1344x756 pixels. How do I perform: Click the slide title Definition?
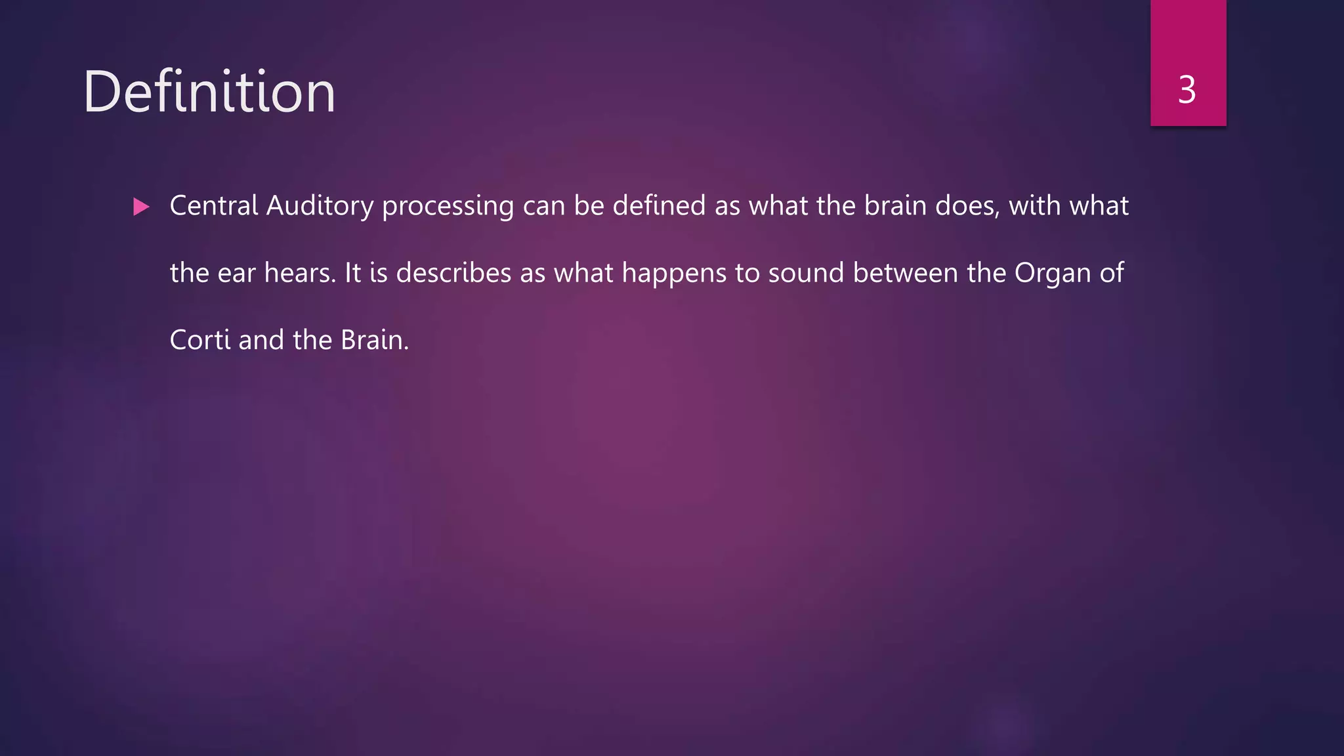[x=209, y=92]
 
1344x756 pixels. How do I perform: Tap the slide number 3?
[x=1187, y=90]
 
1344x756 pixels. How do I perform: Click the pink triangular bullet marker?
[x=141, y=207]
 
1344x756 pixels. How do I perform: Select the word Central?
[x=214, y=206]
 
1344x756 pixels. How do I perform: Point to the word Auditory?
[x=320, y=206]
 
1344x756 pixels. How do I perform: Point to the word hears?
[x=299, y=274]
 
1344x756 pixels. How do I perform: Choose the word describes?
[x=453, y=274]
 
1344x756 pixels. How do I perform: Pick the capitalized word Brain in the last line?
[x=374, y=341]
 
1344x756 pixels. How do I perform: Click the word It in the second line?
[x=352, y=274]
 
